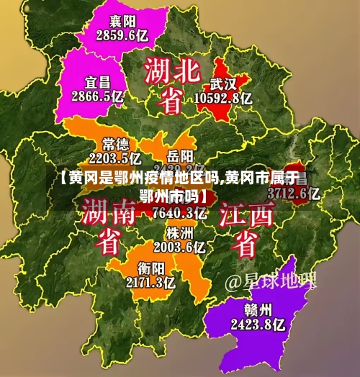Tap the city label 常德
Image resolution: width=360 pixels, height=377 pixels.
click(x=116, y=142)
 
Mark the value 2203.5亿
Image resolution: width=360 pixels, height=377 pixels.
click(x=115, y=157)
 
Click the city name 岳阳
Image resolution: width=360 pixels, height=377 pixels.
click(x=180, y=155)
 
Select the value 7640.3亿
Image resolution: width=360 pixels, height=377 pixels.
click(x=178, y=212)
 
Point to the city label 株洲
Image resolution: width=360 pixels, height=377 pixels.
click(x=179, y=233)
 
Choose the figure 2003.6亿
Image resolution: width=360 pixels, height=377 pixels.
click(x=179, y=247)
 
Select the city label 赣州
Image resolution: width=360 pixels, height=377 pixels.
click(x=256, y=310)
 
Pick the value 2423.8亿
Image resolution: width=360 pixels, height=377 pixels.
click(x=258, y=325)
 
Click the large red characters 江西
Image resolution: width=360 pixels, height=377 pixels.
click(x=246, y=214)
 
